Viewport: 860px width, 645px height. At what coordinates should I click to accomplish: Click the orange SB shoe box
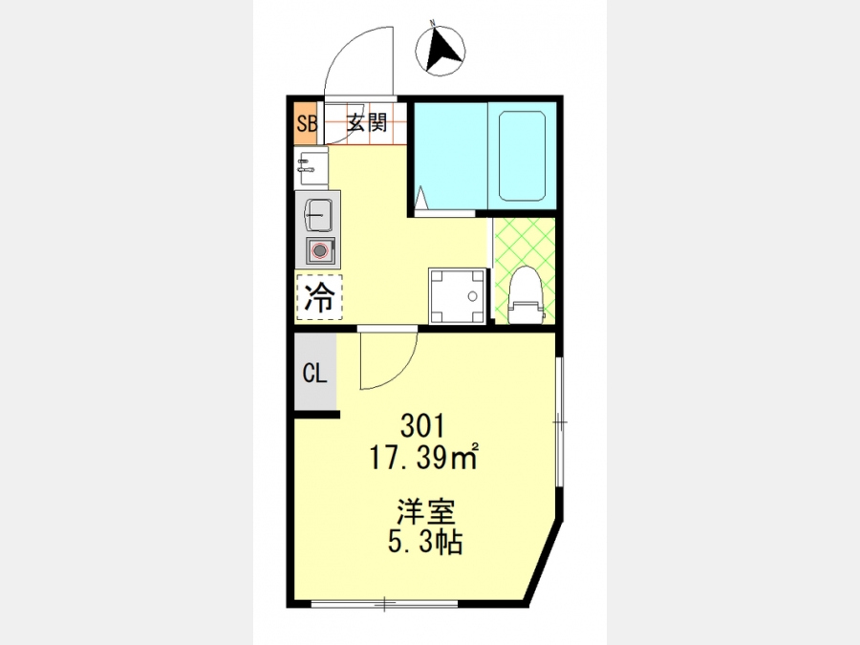[306, 123]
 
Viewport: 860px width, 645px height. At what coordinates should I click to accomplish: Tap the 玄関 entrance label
[367, 123]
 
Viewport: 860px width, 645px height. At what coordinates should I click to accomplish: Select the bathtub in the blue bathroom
[522, 157]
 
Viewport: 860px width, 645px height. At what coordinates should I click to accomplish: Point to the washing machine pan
[458, 296]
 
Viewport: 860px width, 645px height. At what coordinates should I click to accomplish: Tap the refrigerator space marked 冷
[319, 297]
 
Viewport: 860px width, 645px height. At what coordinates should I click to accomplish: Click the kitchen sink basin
[317, 215]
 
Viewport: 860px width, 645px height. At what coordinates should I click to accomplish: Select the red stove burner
[319, 251]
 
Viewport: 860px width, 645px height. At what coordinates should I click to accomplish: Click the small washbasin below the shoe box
[311, 168]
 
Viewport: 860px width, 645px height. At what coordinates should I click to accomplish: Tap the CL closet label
[314, 374]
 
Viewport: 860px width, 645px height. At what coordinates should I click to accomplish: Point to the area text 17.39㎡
[424, 457]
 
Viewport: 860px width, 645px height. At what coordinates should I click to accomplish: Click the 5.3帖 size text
[425, 542]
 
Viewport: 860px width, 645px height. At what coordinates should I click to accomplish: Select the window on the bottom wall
[384, 604]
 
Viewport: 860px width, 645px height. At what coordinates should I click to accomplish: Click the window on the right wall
[559, 421]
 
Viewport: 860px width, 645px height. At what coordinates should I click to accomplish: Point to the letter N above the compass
[432, 23]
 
